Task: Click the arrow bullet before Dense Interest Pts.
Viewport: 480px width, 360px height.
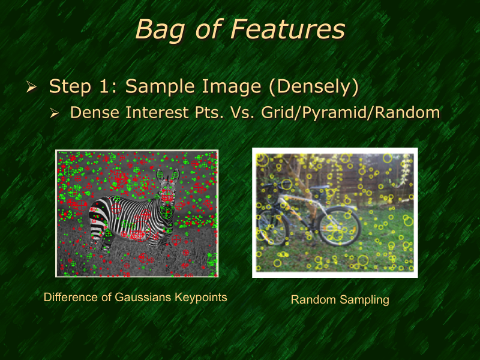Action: pyautogui.click(x=55, y=113)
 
